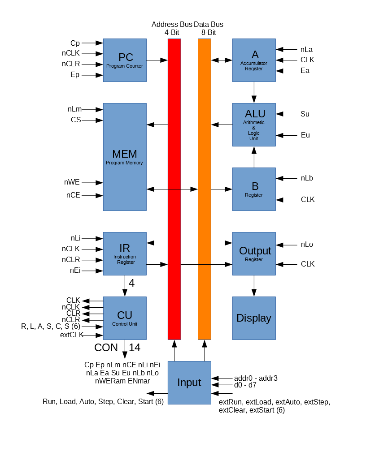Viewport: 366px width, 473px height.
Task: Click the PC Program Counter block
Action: (x=125, y=60)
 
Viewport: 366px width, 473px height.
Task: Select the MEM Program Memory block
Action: (x=125, y=157)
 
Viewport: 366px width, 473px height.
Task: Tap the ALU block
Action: (x=254, y=125)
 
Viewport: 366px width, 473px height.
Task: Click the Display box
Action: (x=254, y=318)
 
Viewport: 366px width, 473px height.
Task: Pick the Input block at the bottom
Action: (x=189, y=383)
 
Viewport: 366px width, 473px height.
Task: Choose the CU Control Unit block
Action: (x=125, y=318)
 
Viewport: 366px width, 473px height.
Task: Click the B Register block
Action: (x=254, y=189)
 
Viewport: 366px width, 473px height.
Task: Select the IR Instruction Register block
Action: (x=125, y=254)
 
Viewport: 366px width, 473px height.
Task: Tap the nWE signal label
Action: (x=72, y=182)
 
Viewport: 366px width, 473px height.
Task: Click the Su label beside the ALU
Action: (x=305, y=114)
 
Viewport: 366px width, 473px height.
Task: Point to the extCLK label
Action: (x=72, y=335)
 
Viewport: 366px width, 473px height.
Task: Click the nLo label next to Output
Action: (x=307, y=245)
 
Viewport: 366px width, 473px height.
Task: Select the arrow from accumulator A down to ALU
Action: (x=254, y=92)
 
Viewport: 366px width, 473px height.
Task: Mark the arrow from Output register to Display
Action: (x=254, y=286)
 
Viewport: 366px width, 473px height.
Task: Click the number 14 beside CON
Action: (x=135, y=347)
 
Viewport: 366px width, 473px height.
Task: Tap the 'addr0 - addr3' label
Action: (x=256, y=378)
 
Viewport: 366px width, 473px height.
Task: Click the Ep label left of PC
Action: (x=75, y=75)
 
